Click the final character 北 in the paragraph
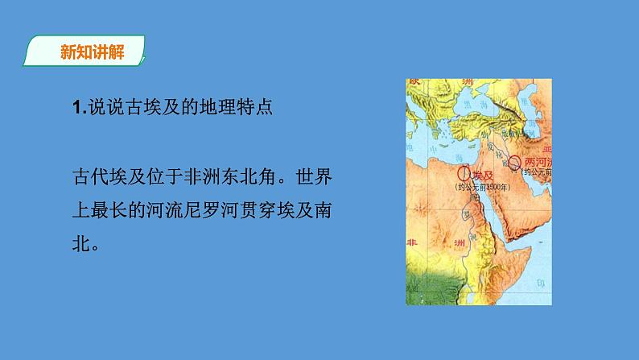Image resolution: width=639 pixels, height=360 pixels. (x=80, y=243)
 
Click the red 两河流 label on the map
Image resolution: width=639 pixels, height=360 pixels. (x=538, y=160)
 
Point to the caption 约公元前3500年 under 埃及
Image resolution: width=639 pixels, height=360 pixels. (x=480, y=187)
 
